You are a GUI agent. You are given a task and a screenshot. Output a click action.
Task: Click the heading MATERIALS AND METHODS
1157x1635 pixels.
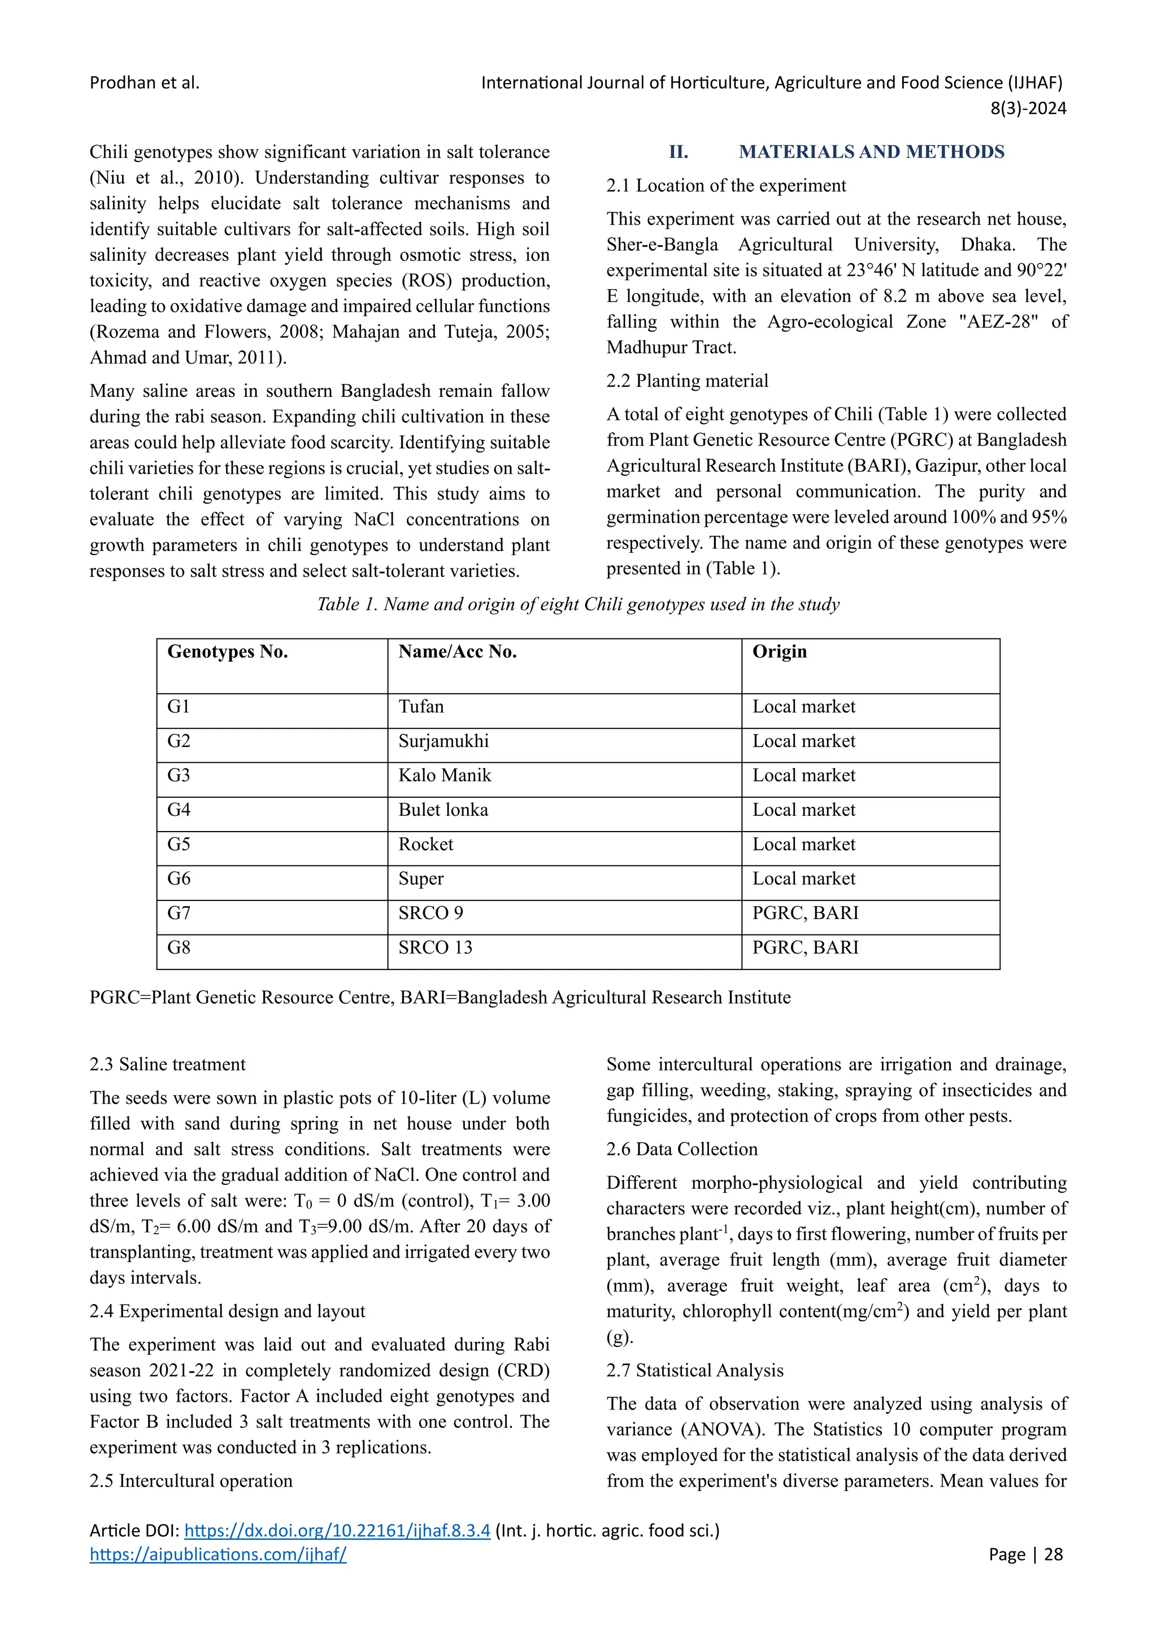pos(871,152)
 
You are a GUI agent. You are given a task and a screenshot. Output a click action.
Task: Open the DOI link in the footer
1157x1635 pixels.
pos(337,1531)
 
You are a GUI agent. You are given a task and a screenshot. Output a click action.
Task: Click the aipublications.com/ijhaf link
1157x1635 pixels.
pos(218,1554)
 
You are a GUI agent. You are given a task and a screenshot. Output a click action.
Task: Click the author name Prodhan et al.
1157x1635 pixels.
pos(145,82)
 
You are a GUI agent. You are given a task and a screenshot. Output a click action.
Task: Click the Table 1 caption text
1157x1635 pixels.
pos(578,604)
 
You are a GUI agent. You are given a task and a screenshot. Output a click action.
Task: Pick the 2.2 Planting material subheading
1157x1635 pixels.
pos(687,381)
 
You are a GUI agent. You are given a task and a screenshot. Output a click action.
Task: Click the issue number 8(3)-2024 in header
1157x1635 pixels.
pos(1028,108)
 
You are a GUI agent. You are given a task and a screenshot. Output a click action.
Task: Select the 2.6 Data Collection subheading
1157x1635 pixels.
pos(682,1149)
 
